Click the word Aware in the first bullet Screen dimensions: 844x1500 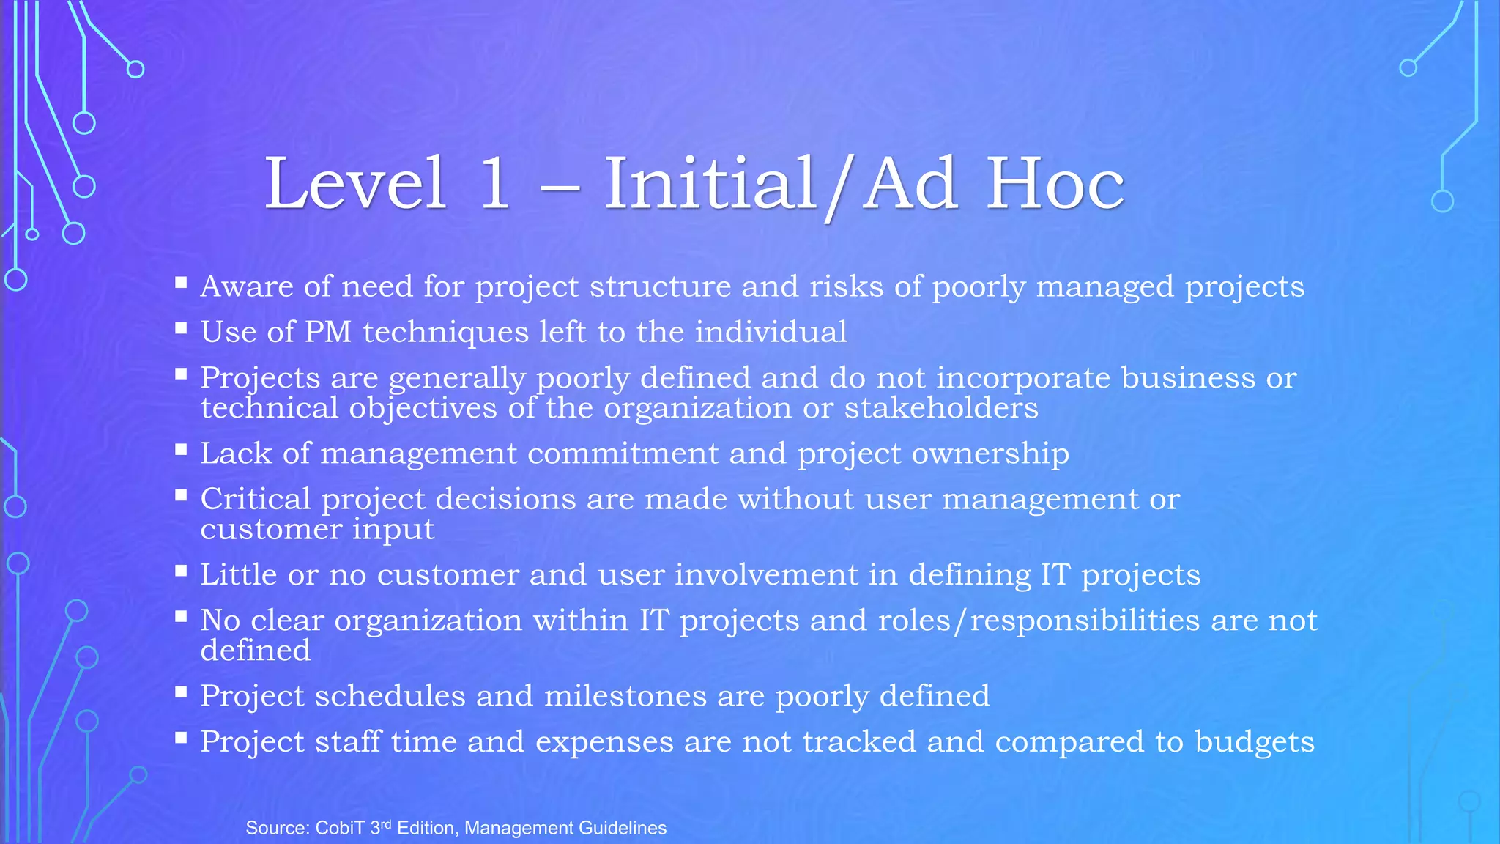coord(247,286)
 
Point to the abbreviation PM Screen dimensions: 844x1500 coord(327,333)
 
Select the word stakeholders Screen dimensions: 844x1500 coord(941,408)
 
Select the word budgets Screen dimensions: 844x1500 coord(1255,742)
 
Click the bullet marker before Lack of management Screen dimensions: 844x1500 coord(181,449)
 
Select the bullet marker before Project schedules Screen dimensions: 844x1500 coord(181,692)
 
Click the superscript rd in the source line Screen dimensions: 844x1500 coord(387,824)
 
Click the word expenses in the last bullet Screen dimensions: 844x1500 coord(604,742)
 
